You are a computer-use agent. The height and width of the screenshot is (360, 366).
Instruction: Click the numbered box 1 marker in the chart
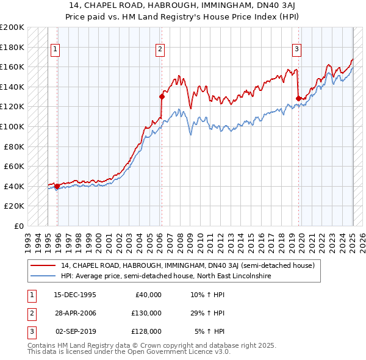tap(56, 49)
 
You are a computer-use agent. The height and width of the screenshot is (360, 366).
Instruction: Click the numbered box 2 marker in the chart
tap(160, 49)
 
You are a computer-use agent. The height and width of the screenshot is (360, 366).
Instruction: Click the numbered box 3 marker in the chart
tap(296, 49)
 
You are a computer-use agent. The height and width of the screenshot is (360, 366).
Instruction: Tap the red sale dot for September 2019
tap(298, 98)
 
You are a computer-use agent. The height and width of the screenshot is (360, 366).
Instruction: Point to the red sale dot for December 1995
tap(57, 186)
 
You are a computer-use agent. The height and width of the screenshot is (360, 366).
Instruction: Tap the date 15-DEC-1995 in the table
tap(75, 295)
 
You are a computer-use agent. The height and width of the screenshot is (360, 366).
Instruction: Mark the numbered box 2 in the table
tap(30, 313)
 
